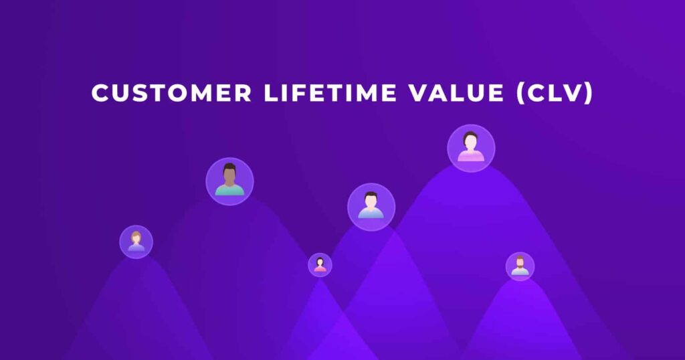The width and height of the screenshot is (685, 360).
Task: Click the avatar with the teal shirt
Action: pos(229,181)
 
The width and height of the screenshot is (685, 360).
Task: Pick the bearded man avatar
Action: pos(520,266)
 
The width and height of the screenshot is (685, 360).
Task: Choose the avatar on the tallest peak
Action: pos(471,148)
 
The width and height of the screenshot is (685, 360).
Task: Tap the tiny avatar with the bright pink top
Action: pos(320,264)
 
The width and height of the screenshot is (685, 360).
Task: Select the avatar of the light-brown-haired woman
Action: pos(136,242)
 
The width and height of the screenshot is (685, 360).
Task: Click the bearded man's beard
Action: pos(520,269)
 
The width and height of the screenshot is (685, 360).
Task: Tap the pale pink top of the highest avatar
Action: pos(471,157)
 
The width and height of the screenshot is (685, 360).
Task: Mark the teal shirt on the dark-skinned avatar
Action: pos(229,190)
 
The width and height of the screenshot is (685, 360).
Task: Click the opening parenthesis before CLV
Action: pos(520,93)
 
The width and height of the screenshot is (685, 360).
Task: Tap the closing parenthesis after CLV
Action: pos(589,93)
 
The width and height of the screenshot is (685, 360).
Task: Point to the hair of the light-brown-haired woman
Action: pos(136,235)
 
